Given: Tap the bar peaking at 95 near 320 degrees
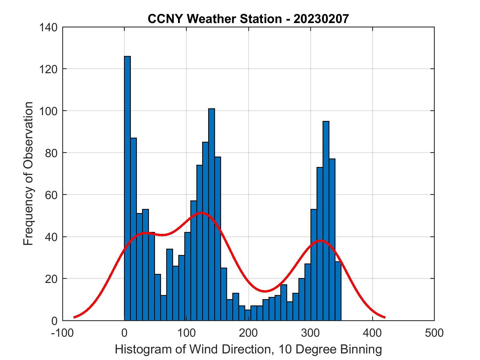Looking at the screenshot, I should [x=326, y=221].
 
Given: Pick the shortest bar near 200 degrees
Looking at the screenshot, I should [x=248, y=315].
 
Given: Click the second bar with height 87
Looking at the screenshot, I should [x=133, y=229].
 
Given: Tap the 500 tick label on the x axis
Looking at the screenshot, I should [x=434, y=333].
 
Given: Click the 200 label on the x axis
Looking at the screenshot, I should [x=248, y=333].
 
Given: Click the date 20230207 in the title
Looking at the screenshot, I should [x=321, y=19].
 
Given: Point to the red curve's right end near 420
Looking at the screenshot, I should [x=385, y=317].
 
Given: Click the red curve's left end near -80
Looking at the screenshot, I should [x=74, y=317].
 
